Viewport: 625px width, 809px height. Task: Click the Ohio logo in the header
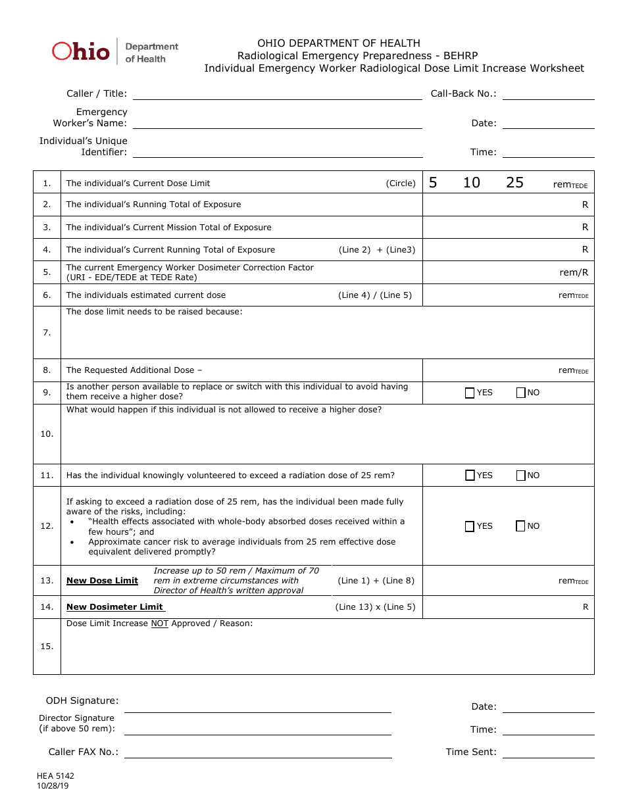[81, 51]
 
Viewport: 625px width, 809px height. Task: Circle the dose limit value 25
[514, 183]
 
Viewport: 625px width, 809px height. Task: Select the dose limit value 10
[471, 183]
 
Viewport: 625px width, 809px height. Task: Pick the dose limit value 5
[433, 183]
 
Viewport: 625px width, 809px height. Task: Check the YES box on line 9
[470, 393]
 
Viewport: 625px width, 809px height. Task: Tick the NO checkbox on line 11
[521, 476]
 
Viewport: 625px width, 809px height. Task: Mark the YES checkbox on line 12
[470, 526]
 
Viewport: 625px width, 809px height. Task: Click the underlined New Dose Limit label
[102, 581]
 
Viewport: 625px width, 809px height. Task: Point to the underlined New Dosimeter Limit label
[115, 607]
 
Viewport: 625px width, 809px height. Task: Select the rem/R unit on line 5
[574, 272]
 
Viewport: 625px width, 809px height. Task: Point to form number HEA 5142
[55, 776]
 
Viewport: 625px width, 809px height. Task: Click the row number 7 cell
[47, 333]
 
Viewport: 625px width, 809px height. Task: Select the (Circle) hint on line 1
[401, 184]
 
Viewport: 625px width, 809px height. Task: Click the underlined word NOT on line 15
[159, 624]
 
